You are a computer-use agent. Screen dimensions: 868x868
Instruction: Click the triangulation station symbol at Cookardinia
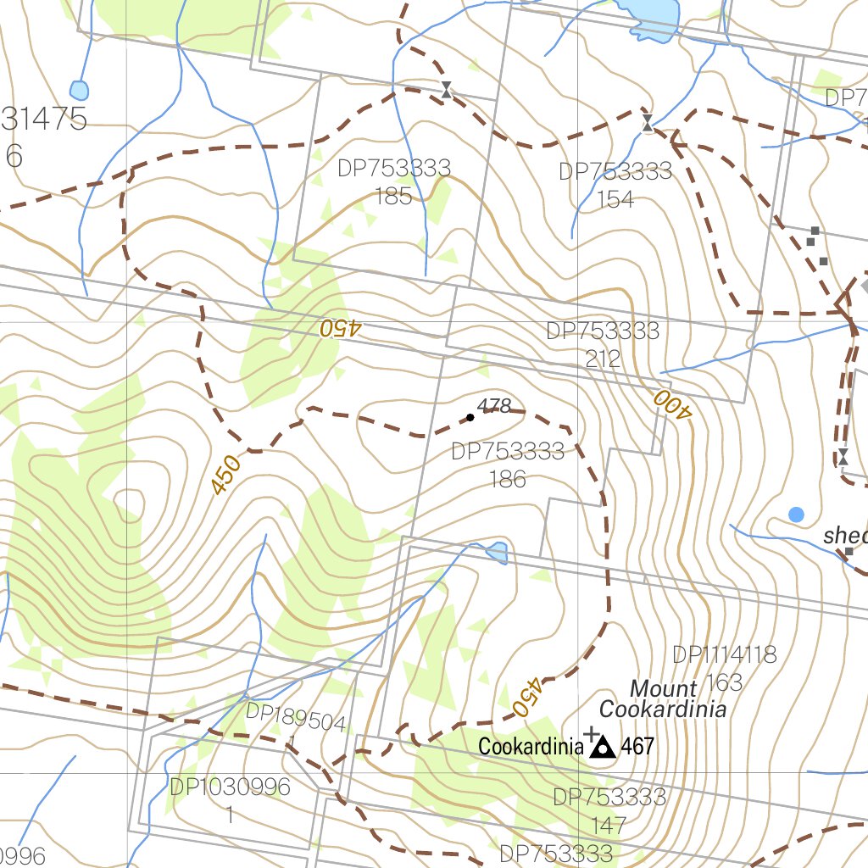(x=603, y=747)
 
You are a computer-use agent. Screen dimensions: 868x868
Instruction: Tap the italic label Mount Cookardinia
(x=663, y=698)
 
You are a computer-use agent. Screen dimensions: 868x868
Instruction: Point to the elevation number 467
(x=637, y=747)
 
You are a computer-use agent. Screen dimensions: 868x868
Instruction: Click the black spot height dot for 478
(x=470, y=417)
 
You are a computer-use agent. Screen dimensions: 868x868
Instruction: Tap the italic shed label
(x=846, y=536)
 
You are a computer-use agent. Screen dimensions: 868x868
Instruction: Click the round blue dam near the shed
(x=796, y=514)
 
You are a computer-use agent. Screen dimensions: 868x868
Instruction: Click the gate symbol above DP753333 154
(x=647, y=123)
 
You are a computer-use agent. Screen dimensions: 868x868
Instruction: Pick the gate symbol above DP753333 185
(x=446, y=90)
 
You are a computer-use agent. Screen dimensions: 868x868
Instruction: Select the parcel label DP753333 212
(x=603, y=344)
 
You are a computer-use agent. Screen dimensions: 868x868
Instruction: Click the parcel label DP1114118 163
(x=724, y=668)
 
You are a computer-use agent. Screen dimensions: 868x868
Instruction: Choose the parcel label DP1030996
(x=230, y=787)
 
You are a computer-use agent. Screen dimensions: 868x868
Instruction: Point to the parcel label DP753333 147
(x=609, y=810)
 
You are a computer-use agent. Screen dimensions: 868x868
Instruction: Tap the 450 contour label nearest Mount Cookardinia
(x=527, y=696)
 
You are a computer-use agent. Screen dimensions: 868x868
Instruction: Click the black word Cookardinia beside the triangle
(x=530, y=747)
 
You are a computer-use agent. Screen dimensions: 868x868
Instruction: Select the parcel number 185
(x=393, y=197)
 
